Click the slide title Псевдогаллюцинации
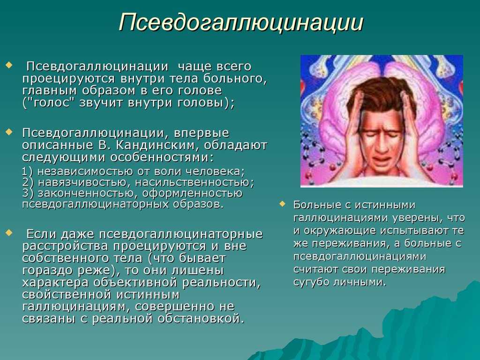pos(241,22)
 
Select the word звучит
pos(101,103)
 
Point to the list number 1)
pos(28,172)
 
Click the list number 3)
pos(28,194)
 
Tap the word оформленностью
pos(192,194)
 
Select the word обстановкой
pos(201,319)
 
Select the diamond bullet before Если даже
pos(9,232)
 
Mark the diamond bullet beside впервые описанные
pos(9,132)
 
